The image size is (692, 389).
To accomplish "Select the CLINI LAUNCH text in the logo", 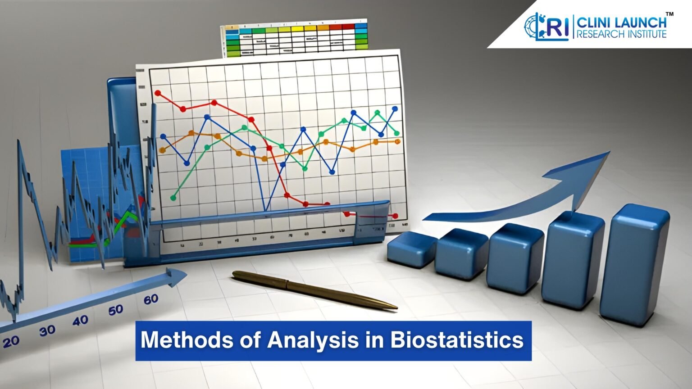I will point(622,22).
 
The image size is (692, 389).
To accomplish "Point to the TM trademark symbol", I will point(670,14).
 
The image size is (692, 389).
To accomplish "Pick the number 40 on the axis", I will point(80,321).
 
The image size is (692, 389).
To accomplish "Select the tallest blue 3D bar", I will point(640,266).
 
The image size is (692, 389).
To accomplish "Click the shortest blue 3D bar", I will point(411,250).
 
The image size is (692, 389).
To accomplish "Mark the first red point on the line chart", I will point(158,93).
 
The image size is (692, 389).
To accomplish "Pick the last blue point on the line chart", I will point(395,109).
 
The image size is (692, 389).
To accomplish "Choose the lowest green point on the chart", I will point(174,197).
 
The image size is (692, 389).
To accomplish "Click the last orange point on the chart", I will point(397,141).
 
